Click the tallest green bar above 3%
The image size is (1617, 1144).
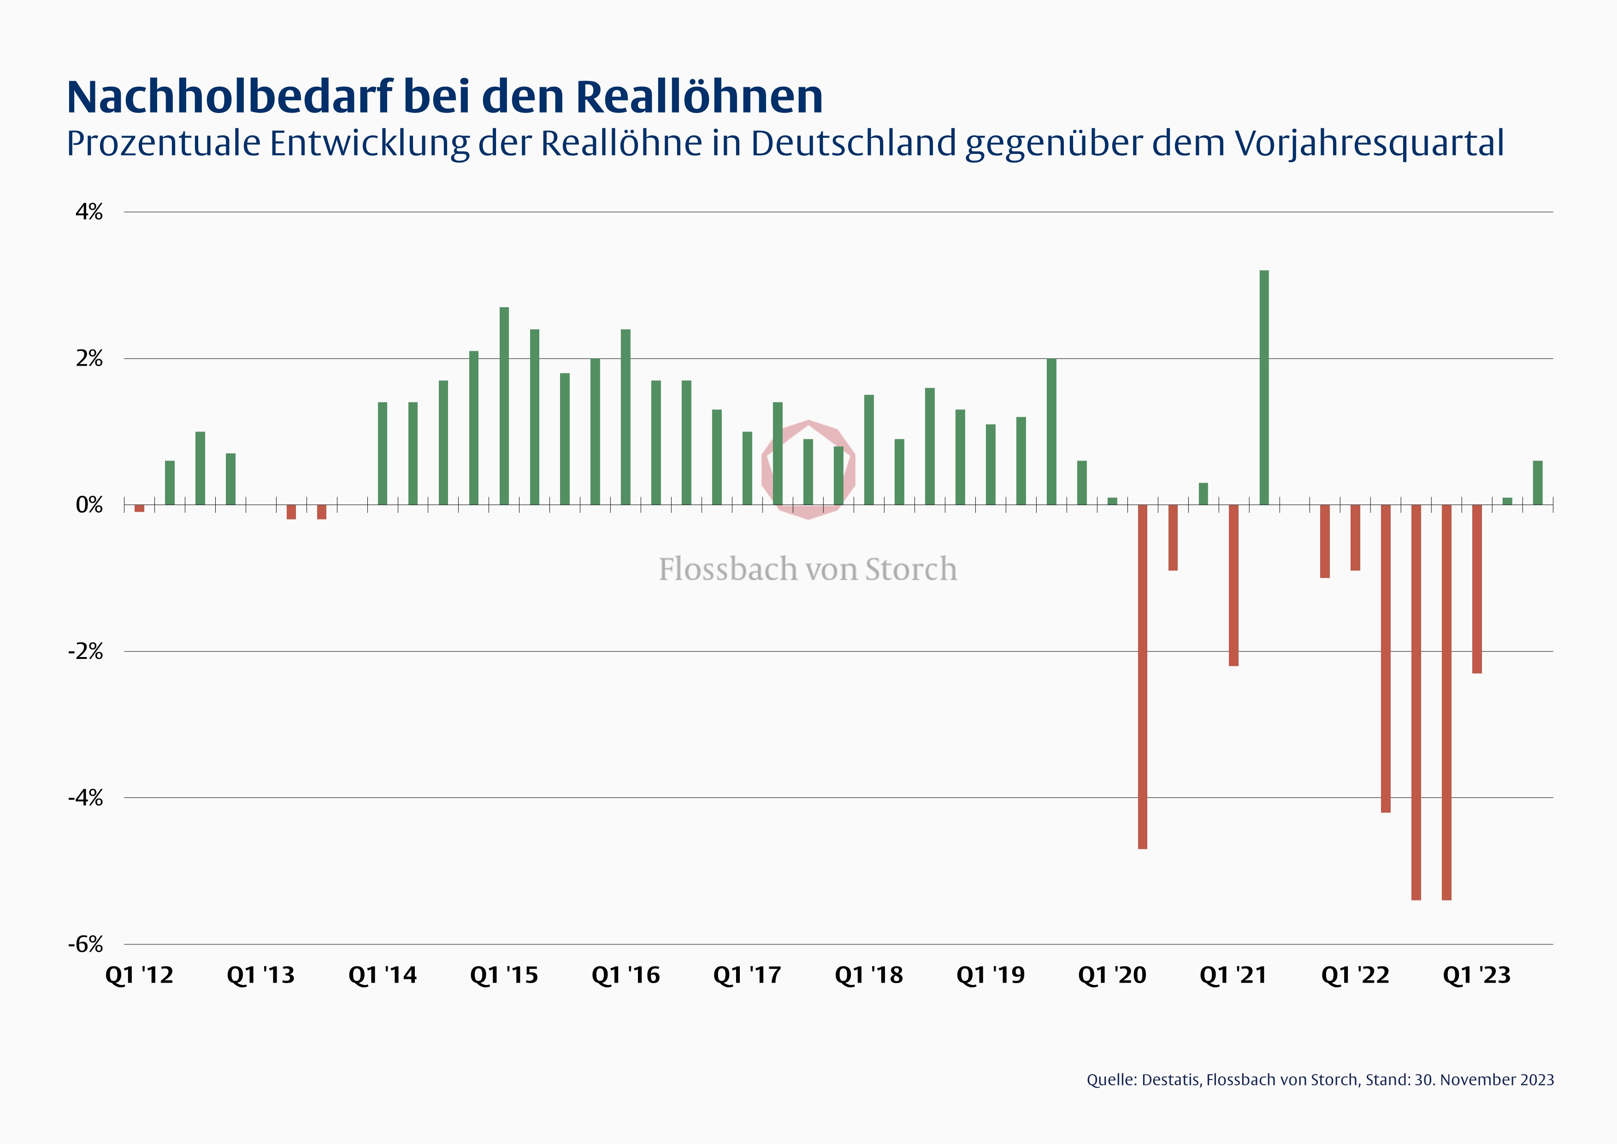point(1264,387)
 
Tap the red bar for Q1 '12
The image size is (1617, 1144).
point(140,508)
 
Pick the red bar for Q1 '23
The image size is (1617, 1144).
point(1477,589)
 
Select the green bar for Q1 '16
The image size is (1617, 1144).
point(626,417)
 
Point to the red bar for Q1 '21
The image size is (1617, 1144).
point(1234,585)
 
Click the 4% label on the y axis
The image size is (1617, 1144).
point(89,212)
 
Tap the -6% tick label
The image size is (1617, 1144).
point(86,944)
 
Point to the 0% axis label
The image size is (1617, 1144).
point(89,505)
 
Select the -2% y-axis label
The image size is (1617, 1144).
point(86,652)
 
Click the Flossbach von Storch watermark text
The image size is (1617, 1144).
point(808,569)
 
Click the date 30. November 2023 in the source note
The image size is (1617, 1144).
point(1483,1080)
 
